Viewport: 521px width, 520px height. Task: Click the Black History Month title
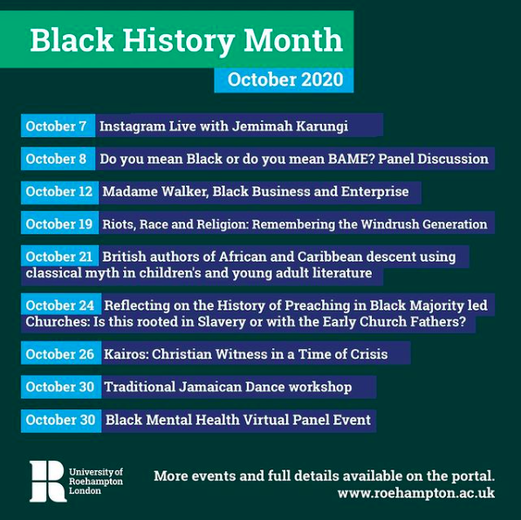pyautogui.click(x=186, y=40)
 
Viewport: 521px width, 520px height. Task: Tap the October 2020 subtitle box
pyautogui.click(x=284, y=80)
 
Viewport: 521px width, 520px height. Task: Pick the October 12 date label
pyautogui.click(x=60, y=191)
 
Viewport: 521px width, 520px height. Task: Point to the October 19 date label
pyautogui.click(x=60, y=224)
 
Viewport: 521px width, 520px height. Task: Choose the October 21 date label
pyautogui.click(x=60, y=257)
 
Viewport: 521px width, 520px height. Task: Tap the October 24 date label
pyautogui.click(x=61, y=305)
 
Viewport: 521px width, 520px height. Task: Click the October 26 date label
pyautogui.click(x=61, y=353)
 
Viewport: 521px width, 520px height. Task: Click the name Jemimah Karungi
pyautogui.click(x=290, y=127)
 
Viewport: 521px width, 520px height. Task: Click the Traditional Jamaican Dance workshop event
pyautogui.click(x=228, y=387)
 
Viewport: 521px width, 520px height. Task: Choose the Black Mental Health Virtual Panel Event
pyautogui.click(x=238, y=420)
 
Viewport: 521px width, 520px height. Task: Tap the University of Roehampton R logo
pyautogui.click(x=47, y=481)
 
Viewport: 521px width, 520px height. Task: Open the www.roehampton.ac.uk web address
pyautogui.click(x=416, y=493)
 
